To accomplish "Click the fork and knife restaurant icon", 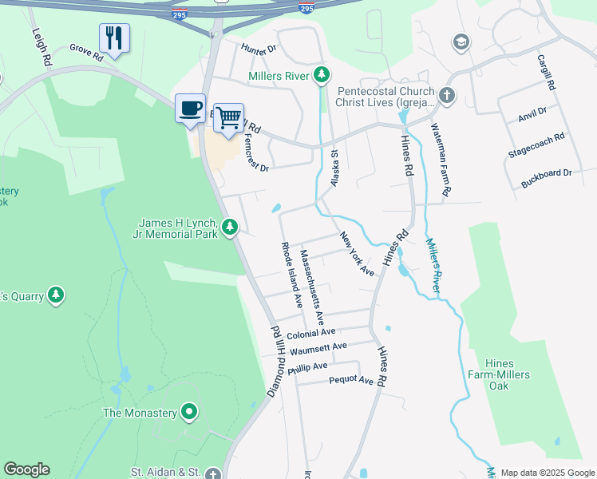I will tap(114, 38).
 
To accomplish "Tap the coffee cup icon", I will tap(190, 108).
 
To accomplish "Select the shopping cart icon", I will tap(228, 117).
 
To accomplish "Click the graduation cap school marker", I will tap(461, 42).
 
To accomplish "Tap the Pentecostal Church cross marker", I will tap(447, 97).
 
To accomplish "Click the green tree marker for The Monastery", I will tap(189, 413).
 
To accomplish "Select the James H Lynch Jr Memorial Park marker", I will tap(230, 228).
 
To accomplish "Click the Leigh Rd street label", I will tap(41, 46).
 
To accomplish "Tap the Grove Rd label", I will tap(86, 52).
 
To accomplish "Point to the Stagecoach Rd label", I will tap(536, 146).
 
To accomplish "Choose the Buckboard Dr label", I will tap(547, 172).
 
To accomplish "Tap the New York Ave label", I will tap(357, 254).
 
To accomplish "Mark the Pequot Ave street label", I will tap(351, 381).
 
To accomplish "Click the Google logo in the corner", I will tap(26, 469).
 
